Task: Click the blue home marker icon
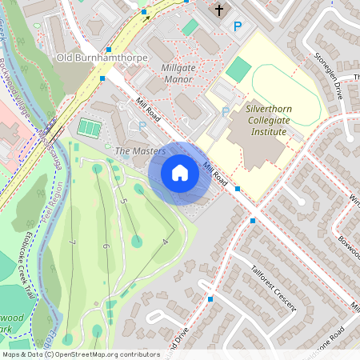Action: click(180, 173)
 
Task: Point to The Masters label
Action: click(140, 150)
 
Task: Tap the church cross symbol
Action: click(220, 10)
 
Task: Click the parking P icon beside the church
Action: click(237, 26)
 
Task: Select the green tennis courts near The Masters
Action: click(88, 127)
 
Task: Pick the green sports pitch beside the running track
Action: click(238, 69)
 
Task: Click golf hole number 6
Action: click(105, 247)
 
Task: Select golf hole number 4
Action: click(165, 240)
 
